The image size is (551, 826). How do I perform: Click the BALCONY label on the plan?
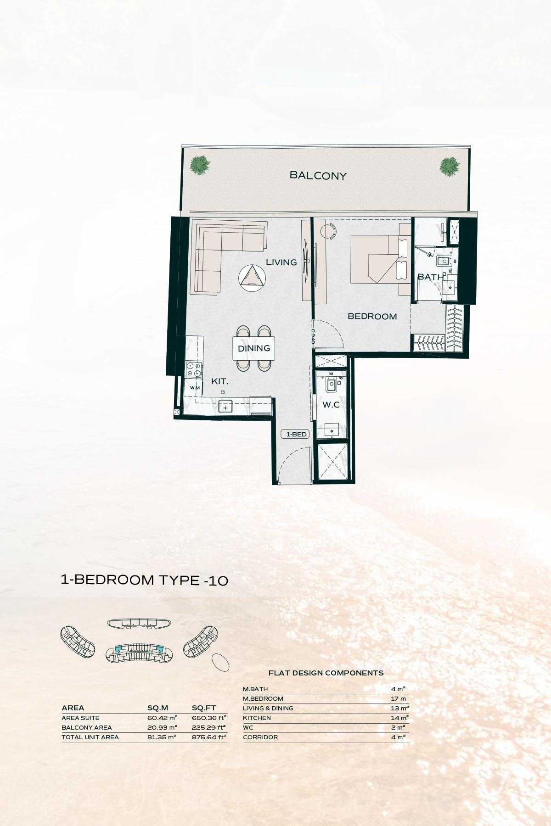coord(318,175)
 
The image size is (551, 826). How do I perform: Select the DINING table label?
coord(254,348)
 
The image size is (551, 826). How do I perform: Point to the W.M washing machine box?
coord(195,388)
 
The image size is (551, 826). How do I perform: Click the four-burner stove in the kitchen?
coord(194,369)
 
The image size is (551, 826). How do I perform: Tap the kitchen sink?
coord(226,406)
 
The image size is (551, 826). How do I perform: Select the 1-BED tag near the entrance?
coord(296,434)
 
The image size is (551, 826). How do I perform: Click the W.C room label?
coord(331,405)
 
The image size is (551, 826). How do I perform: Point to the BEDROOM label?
coord(372,316)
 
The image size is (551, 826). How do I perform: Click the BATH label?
coord(431,277)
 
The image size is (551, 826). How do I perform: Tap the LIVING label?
coord(281,262)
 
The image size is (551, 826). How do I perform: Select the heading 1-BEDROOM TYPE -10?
coord(145,580)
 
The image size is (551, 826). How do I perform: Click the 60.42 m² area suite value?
coord(162,718)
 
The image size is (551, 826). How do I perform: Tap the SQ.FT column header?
coord(203,708)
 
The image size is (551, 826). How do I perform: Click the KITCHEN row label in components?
coord(257,718)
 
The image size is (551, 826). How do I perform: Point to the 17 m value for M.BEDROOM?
coord(398,698)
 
